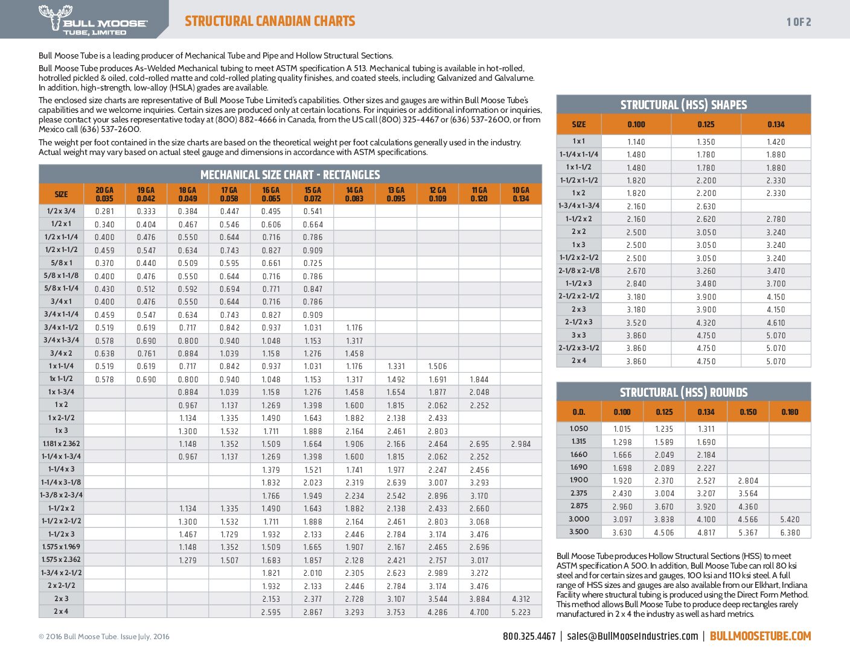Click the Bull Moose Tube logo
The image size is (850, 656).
(x=92, y=19)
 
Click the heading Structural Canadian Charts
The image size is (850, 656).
(x=270, y=21)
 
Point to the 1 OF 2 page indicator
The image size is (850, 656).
(x=799, y=22)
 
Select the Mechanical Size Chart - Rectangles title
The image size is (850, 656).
(x=290, y=175)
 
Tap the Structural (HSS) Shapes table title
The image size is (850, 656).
(x=683, y=105)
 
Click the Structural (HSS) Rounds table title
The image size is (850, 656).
(x=683, y=393)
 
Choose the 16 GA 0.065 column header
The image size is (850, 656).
(x=271, y=194)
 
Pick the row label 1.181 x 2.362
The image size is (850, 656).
(x=61, y=444)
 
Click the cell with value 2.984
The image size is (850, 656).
(x=520, y=444)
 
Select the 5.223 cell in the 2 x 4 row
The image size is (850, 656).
(x=520, y=612)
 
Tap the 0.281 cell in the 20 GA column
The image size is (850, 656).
(x=104, y=212)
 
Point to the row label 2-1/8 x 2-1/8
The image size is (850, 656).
(x=579, y=271)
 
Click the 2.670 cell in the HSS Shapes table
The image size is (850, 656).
(x=636, y=271)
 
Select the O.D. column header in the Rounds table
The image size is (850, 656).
(x=578, y=412)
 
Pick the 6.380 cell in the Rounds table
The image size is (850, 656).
(x=790, y=532)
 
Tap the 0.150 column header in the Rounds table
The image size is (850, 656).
(x=747, y=412)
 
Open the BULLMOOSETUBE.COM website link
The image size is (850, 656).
(x=760, y=636)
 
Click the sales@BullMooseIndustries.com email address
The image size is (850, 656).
(x=632, y=636)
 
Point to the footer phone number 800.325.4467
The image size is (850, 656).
(x=529, y=636)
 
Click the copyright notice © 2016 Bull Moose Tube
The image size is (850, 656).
(x=104, y=637)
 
